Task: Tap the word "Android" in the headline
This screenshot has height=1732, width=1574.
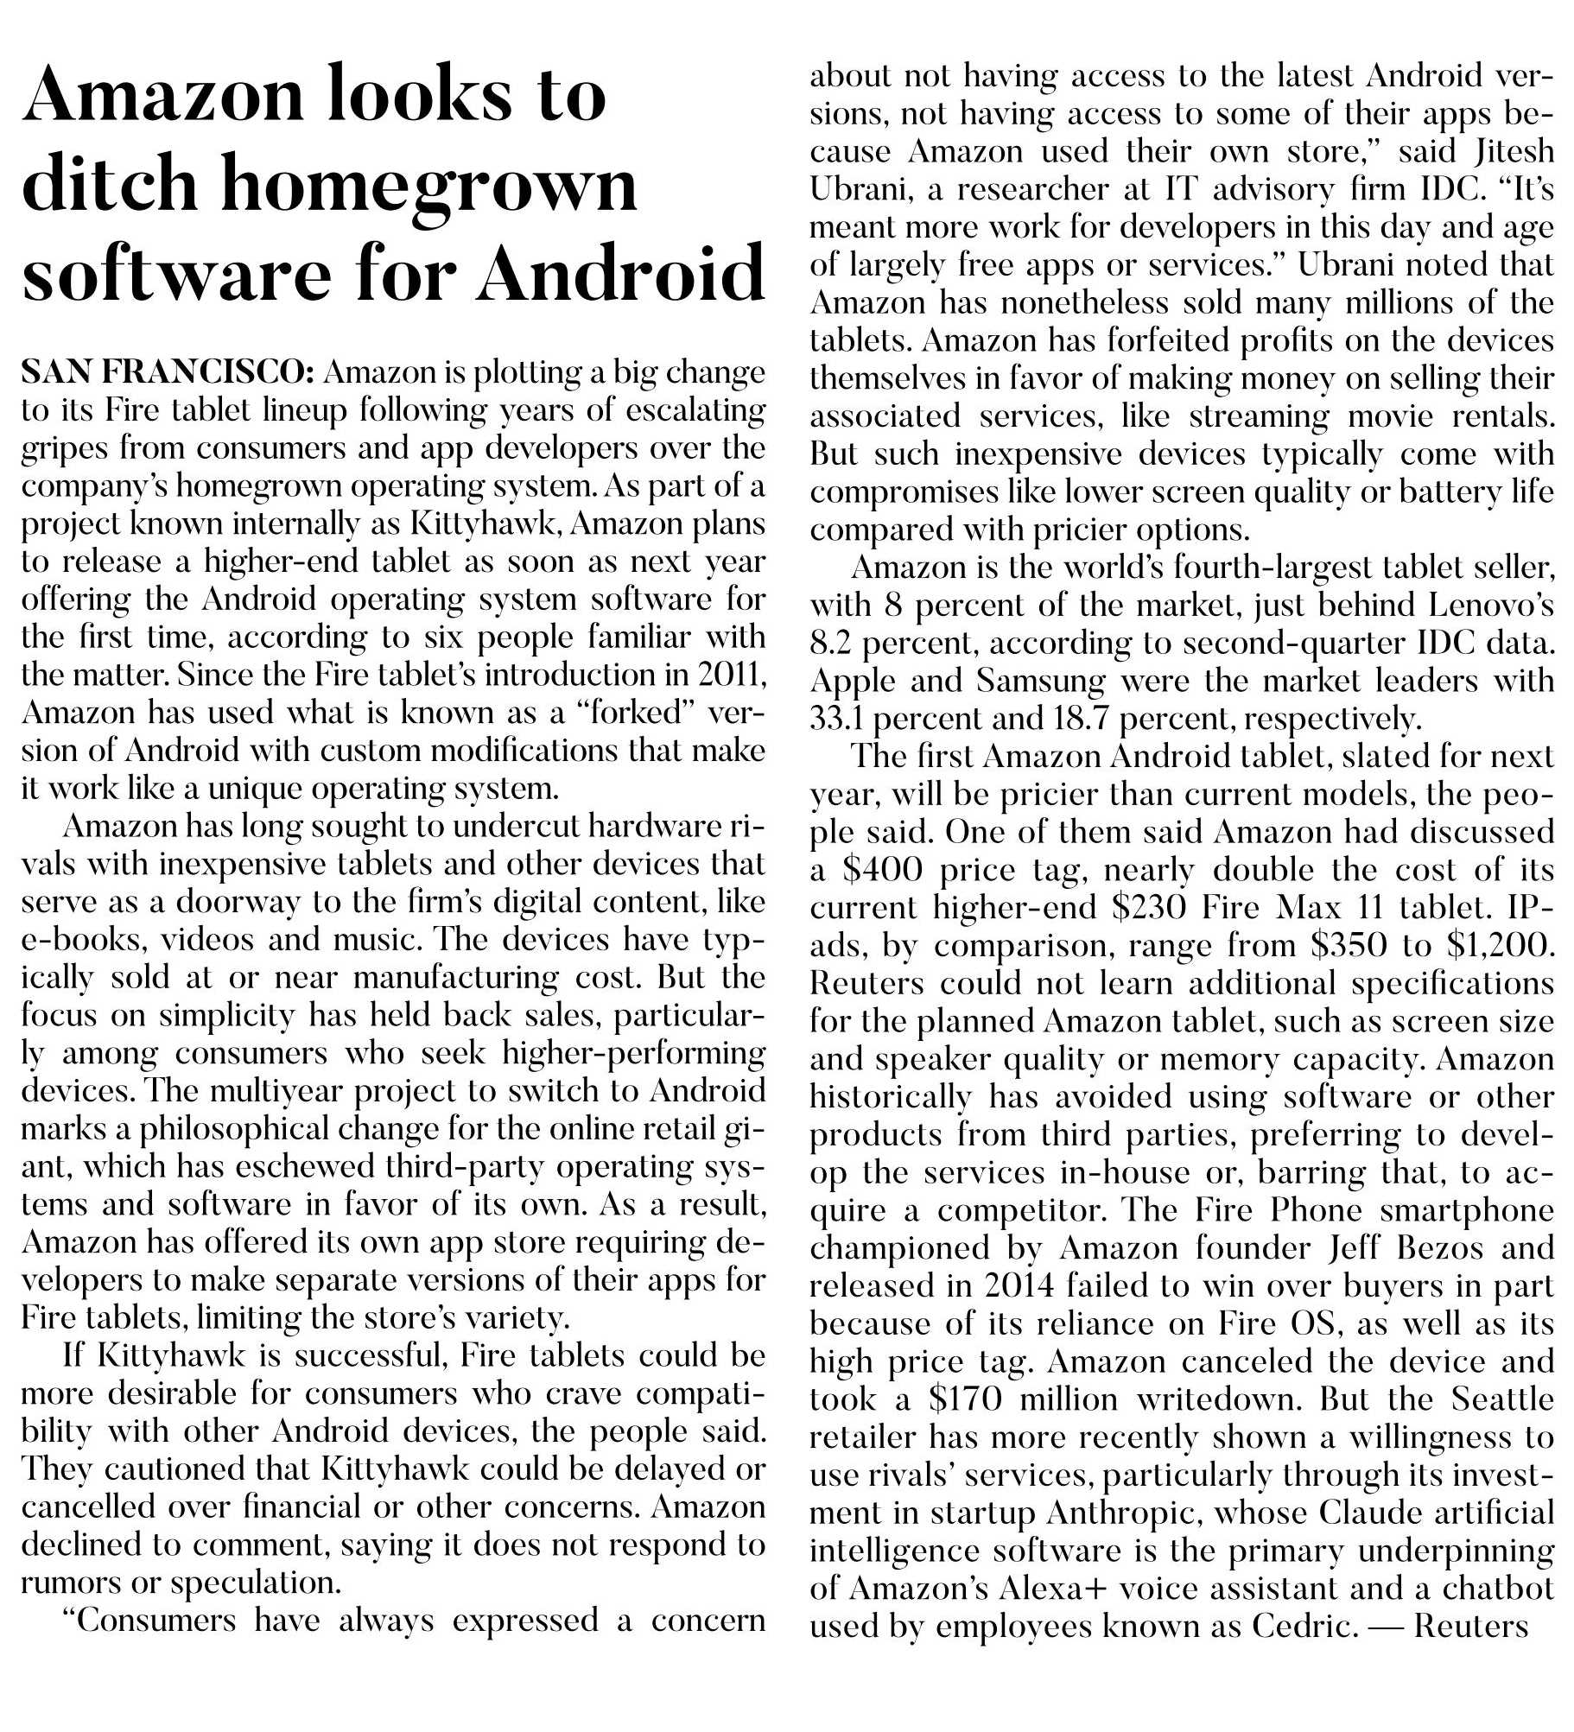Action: tap(621, 273)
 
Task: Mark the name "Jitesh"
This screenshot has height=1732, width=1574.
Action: tap(1512, 152)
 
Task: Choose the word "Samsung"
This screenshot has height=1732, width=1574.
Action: tap(1041, 681)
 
